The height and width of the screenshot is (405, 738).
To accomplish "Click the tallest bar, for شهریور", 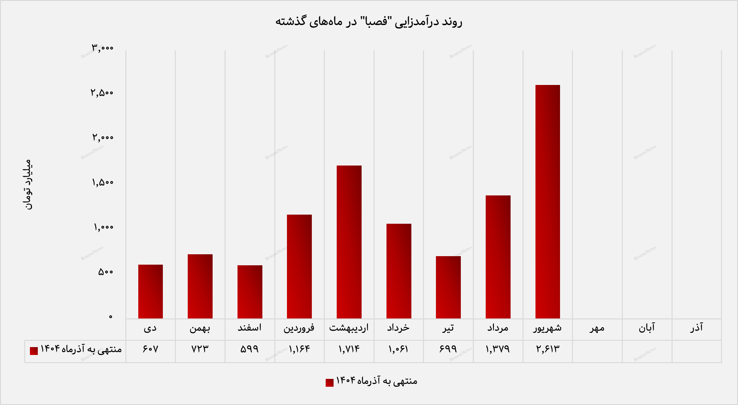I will [547, 201].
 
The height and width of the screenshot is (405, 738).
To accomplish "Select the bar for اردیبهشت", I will [349, 242].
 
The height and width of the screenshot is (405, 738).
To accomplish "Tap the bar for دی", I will [151, 291].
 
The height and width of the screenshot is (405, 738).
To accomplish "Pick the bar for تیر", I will [448, 287].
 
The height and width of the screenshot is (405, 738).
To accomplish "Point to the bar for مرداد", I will [498, 257].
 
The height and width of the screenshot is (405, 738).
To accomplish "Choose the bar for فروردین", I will [299, 266].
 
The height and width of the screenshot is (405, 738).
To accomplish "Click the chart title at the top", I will [369, 21].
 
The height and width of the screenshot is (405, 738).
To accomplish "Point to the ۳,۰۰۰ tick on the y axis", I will [102, 48].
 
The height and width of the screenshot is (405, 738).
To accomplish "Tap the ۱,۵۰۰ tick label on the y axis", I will [102, 183].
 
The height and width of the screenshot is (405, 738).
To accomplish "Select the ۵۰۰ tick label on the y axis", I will [105, 272].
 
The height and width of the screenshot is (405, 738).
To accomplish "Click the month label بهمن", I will [200, 328].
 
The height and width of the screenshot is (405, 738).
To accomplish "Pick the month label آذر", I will [696, 328].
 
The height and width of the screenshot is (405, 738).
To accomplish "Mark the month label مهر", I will [597, 328].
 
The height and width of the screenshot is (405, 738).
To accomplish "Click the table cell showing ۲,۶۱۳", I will [548, 349].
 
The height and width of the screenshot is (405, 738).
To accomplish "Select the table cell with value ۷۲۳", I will [200, 349].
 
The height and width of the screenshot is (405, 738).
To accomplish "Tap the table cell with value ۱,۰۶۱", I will [398, 349].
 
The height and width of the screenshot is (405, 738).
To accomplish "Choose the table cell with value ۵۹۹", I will [249, 349].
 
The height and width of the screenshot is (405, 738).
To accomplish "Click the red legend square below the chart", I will [329, 382].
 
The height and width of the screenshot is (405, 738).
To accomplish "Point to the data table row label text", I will [81, 349].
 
